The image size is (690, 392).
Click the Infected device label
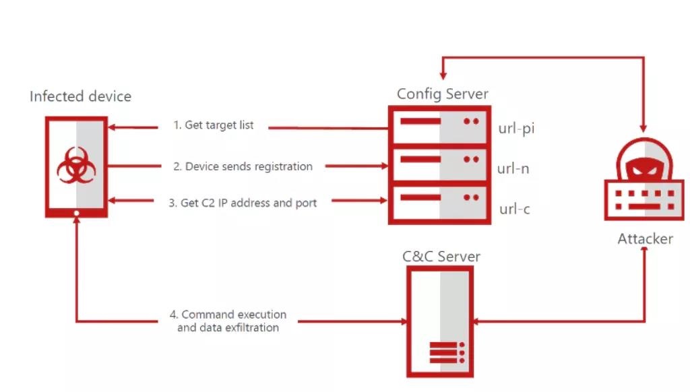(x=80, y=96)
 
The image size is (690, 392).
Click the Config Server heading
(x=442, y=94)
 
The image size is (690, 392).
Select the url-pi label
(x=516, y=128)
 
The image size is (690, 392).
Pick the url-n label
(x=513, y=168)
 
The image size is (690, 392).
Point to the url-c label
(x=514, y=209)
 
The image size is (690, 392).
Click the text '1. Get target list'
(x=214, y=125)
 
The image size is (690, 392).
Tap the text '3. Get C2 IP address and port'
(x=243, y=203)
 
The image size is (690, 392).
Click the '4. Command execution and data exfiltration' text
(x=228, y=321)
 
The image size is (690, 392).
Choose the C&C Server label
(x=441, y=257)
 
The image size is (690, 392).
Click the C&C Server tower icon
(x=441, y=321)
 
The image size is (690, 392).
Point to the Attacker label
(x=645, y=238)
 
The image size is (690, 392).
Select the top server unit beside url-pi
(x=439, y=126)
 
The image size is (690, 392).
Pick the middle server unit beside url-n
(x=439, y=162)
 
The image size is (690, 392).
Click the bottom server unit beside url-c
(x=439, y=200)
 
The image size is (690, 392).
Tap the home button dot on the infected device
(x=77, y=213)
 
